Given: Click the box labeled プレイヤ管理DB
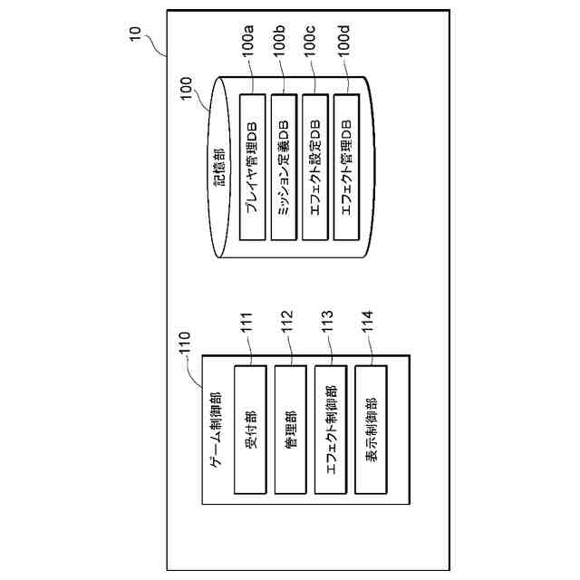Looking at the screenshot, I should (x=253, y=167).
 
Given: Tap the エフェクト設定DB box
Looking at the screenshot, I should (x=314, y=167).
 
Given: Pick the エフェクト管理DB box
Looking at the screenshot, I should (x=346, y=167).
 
